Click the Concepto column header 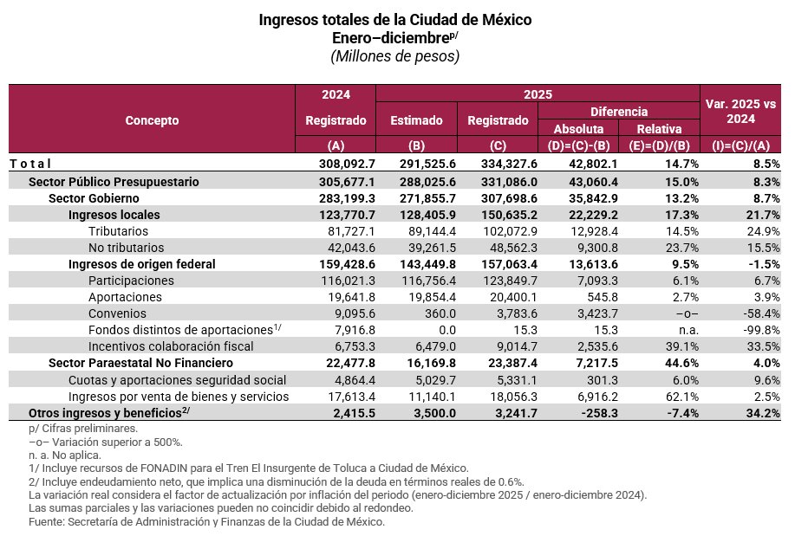click(152, 120)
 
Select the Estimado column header click(417, 120)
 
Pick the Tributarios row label click(118, 231)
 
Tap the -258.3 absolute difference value click(596, 412)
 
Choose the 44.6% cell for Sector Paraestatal click(681, 363)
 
